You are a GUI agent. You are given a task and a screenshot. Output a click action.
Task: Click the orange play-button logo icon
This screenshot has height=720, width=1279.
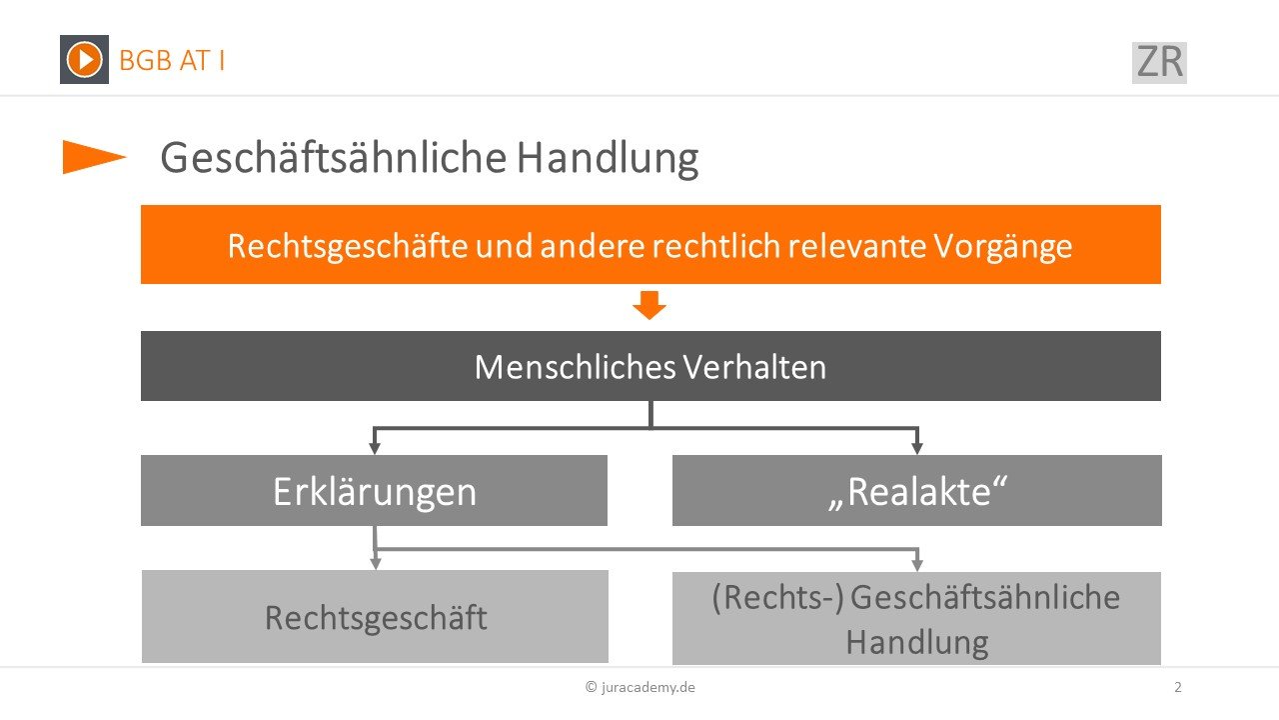(x=84, y=59)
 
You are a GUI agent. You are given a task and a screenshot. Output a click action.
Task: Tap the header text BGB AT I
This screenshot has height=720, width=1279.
(x=172, y=61)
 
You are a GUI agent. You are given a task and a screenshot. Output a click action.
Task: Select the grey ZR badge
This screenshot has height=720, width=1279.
(x=1159, y=62)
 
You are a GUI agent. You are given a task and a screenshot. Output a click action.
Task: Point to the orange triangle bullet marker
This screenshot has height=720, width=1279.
(x=94, y=157)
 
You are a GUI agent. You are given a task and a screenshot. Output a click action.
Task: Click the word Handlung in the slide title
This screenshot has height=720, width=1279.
(x=608, y=158)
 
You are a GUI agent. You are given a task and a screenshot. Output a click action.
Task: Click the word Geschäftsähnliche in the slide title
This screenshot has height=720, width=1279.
(x=334, y=157)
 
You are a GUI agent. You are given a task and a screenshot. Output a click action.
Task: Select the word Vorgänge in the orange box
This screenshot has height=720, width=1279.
(x=1003, y=246)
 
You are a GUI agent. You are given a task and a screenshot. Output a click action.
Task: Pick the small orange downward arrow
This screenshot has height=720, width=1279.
(x=649, y=305)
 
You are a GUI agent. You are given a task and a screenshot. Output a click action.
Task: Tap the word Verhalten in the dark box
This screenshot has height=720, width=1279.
(x=754, y=366)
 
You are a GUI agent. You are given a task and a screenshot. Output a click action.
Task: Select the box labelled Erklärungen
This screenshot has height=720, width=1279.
(x=374, y=490)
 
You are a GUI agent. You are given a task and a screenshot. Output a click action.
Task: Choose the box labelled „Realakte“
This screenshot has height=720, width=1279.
(x=917, y=490)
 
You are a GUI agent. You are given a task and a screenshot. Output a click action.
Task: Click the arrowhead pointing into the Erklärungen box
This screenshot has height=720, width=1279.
(x=375, y=447)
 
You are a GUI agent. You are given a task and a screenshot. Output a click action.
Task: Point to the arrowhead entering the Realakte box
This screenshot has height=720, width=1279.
(x=917, y=447)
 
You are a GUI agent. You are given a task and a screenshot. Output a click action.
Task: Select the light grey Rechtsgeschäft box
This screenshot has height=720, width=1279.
(x=375, y=617)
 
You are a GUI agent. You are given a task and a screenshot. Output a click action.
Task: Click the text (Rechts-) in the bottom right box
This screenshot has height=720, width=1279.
(x=777, y=598)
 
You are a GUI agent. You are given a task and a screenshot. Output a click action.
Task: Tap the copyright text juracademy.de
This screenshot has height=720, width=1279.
(x=640, y=687)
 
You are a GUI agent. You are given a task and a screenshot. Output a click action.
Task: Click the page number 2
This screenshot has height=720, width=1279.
(x=1178, y=687)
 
